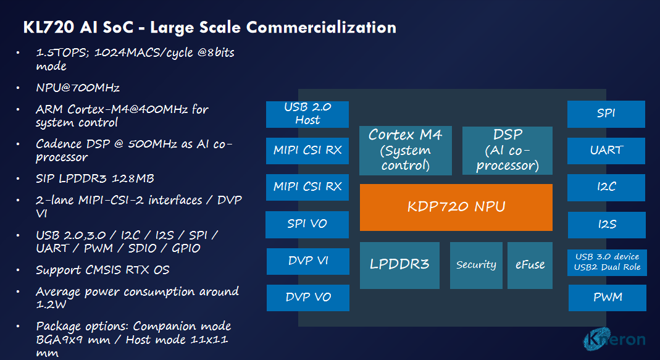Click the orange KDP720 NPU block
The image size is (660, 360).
pyautogui.click(x=456, y=207)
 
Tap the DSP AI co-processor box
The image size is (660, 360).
pyautogui.click(x=507, y=150)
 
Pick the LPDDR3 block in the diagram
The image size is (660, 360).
pyautogui.click(x=399, y=265)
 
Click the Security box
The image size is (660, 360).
pyautogui.click(x=476, y=265)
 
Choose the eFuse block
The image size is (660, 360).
pyautogui.click(x=530, y=265)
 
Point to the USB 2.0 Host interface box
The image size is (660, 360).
pyautogui.click(x=307, y=114)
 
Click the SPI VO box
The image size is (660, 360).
pyautogui.click(x=307, y=224)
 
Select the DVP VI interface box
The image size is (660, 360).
pyautogui.click(x=307, y=261)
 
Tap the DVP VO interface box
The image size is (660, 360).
pyautogui.click(x=307, y=298)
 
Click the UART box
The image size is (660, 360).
pyautogui.click(x=606, y=150)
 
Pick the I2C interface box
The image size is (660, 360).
pyautogui.click(x=606, y=187)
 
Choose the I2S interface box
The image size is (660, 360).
pyautogui.click(x=606, y=225)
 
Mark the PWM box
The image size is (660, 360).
pyautogui.click(x=607, y=298)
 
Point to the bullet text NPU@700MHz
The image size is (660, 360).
pyautogui.click(x=77, y=87)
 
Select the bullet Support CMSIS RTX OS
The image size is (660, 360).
pyautogui.click(x=102, y=270)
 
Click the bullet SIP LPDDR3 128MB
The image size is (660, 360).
pyautogui.click(x=94, y=178)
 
